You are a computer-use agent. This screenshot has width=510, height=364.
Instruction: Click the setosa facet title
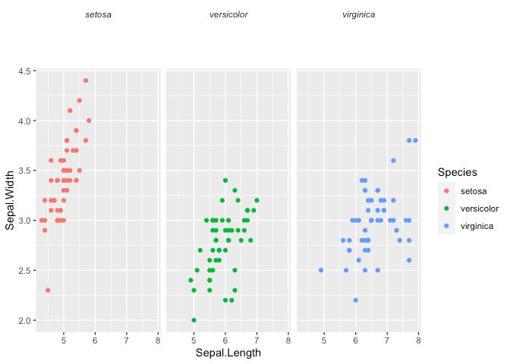pyautogui.click(x=99, y=14)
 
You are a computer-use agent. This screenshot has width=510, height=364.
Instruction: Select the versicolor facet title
pyautogui.click(x=228, y=14)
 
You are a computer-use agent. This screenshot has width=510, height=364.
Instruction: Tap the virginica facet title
pyautogui.click(x=358, y=14)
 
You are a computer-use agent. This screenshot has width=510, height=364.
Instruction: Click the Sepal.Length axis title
pyautogui.click(x=228, y=353)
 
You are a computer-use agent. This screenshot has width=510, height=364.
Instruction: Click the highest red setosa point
pyautogui.click(x=86, y=80)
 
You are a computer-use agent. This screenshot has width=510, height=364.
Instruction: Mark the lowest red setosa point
pyautogui.click(x=48, y=290)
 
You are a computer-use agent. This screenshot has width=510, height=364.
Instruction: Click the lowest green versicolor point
pyautogui.click(x=194, y=320)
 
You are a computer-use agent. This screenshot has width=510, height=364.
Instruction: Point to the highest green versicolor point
pyautogui.click(x=225, y=180)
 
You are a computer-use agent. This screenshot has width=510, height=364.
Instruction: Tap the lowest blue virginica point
pyautogui.click(x=355, y=300)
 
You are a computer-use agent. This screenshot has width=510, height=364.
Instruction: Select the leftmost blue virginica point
pyautogui.click(x=321, y=270)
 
